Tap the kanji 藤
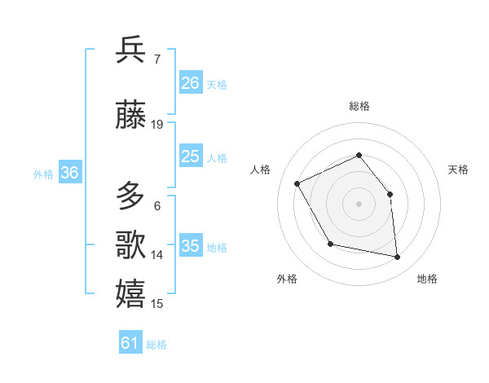(x=130, y=116)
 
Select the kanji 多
(x=130, y=196)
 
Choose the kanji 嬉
(x=130, y=293)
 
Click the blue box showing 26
(x=191, y=83)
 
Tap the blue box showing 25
(x=191, y=157)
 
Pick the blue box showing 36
(x=70, y=173)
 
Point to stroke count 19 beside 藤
(x=157, y=125)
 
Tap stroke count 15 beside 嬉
(x=157, y=304)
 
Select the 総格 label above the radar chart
(x=359, y=106)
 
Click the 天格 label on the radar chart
(x=458, y=169)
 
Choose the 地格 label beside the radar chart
(x=427, y=279)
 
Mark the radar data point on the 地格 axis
(x=398, y=258)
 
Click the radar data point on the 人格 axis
(x=297, y=183)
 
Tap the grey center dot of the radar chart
(x=359, y=204)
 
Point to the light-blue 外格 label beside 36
(x=43, y=174)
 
